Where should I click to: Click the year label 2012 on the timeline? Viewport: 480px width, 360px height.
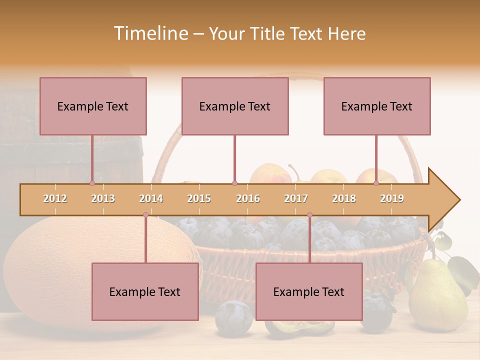(55, 198)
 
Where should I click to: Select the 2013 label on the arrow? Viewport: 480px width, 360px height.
(103, 198)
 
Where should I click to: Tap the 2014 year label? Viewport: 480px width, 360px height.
(151, 198)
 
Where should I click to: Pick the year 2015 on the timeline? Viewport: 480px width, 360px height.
(199, 198)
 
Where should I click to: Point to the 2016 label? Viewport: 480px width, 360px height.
(248, 198)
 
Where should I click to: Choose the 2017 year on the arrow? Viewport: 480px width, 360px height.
(296, 198)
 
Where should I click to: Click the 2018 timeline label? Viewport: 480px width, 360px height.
(344, 198)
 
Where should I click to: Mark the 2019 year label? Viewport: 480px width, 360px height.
(392, 198)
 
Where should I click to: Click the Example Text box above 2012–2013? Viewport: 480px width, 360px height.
(93, 106)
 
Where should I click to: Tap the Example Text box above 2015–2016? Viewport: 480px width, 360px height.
(235, 106)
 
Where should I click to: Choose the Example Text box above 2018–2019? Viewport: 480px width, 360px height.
(377, 106)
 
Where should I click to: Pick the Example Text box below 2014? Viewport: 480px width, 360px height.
(145, 291)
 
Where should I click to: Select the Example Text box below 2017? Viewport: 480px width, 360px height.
(309, 291)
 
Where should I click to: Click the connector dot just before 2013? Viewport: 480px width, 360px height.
(92, 183)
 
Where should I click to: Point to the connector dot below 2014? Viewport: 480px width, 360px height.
(145, 214)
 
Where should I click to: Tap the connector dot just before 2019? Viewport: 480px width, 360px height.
(376, 183)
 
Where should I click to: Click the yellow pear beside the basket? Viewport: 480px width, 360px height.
(437, 297)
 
